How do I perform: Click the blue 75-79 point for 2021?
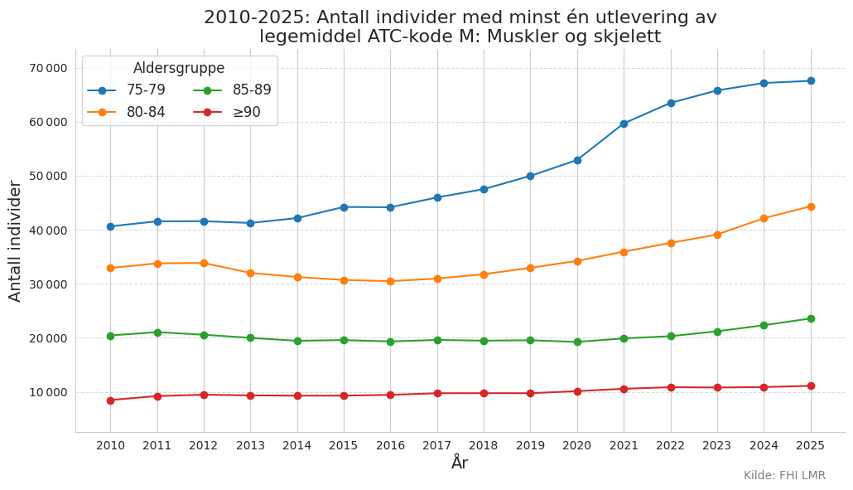(624, 124)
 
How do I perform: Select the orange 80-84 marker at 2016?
(391, 281)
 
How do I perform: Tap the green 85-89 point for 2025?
(811, 318)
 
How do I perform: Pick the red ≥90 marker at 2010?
(110, 400)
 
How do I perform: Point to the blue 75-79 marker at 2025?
(811, 80)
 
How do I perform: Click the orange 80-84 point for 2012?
(204, 263)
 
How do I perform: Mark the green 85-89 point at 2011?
(157, 332)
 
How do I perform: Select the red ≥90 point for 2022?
(671, 388)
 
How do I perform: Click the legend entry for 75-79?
(126, 90)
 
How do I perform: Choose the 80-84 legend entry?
(126, 112)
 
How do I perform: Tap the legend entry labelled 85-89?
(232, 90)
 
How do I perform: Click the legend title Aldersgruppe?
(179, 68)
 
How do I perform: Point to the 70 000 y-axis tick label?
(49, 68)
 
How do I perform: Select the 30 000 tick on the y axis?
(49, 284)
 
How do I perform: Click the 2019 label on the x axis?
(530, 445)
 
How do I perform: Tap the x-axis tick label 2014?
(297, 445)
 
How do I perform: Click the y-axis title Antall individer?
(15, 241)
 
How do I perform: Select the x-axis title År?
(460, 463)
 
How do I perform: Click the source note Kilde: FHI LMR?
(784, 475)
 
